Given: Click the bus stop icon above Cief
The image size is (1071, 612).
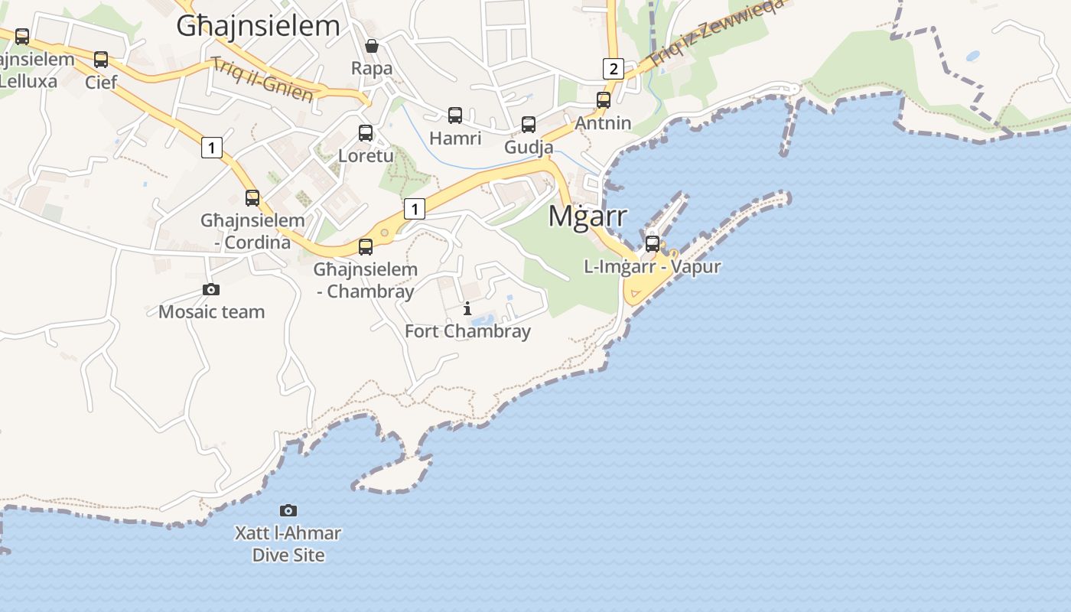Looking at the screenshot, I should coord(100,60).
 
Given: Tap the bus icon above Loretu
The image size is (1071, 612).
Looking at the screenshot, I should coord(366,133).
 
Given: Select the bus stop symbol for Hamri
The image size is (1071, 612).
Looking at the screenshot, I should coord(455,116).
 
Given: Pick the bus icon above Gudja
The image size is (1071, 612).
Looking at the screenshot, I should coord(529,125).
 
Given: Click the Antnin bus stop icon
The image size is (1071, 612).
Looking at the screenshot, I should coord(604,100).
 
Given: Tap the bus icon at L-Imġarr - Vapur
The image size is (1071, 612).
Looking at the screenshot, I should coord(653,244).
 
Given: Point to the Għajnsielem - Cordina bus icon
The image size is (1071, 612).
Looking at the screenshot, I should coord(252,198).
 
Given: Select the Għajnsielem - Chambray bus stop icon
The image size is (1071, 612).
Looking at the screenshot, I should coord(366,247).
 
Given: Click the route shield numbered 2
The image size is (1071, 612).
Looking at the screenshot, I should coord(612,69).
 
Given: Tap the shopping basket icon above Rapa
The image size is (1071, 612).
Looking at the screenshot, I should coord(372,46).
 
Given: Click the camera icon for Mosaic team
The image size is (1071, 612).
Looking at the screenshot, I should coord(211,289).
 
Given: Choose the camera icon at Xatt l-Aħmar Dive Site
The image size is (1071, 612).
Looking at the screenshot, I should coord(288,510).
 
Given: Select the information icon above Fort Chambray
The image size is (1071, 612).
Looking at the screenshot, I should coord(467,309).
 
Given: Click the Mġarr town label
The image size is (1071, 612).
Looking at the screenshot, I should coord(588,216).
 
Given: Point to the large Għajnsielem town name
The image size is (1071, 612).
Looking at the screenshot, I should coord(258,25).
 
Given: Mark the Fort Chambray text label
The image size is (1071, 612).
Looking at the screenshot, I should coord(467,331).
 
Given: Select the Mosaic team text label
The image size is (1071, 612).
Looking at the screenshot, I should coord(211,312).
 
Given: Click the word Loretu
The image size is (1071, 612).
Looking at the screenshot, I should coord(366,156).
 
